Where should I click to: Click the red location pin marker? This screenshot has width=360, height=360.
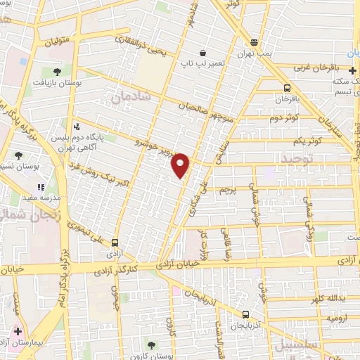click(181, 165)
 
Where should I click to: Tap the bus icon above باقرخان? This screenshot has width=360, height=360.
click(287, 89)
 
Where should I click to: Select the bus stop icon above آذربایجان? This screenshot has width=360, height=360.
click(245, 314)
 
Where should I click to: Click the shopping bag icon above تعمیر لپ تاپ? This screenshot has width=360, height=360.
click(203, 53)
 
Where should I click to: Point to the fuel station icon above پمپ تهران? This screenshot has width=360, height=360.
click(254, 43)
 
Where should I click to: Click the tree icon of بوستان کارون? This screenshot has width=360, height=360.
click(151, 344)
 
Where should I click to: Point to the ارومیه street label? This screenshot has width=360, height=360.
click(337, 318)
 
